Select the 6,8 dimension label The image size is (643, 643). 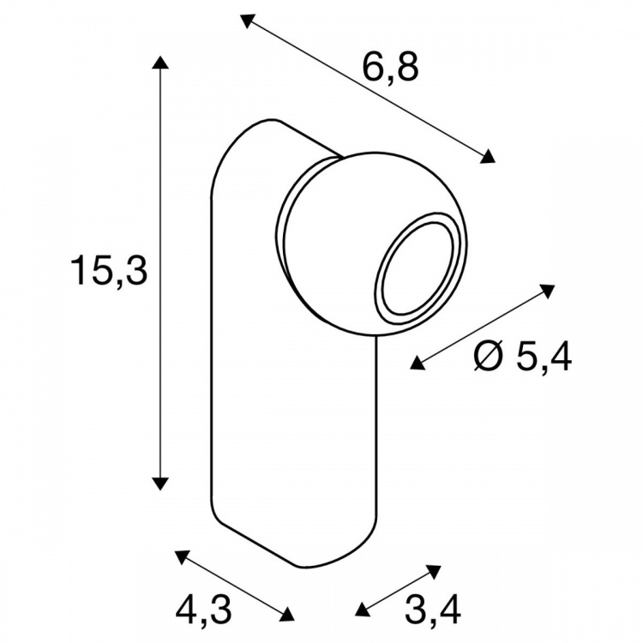click(x=390, y=68)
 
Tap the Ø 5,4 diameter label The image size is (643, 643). click(x=522, y=357)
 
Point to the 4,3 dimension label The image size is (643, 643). click(x=204, y=610)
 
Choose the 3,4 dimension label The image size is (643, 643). click(x=433, y=610)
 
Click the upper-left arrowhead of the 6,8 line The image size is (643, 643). click(x=247, y=21)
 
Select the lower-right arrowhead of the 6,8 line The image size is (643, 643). click(x=488, y=156)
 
